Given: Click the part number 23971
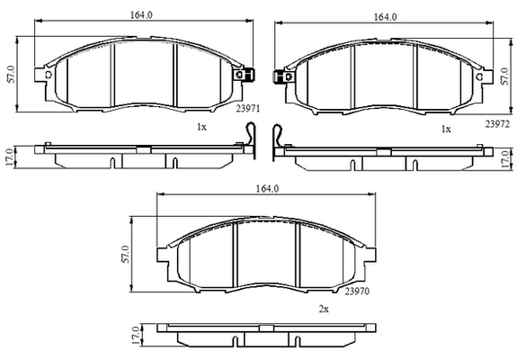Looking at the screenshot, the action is point(248,109).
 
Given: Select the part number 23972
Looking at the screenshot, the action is point(497,124).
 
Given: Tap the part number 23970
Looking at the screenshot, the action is point(357,292).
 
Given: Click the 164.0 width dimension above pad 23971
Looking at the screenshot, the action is point(141,15).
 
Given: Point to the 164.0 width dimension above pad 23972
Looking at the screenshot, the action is point(385,17).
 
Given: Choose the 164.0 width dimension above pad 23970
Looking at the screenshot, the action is point(267,189).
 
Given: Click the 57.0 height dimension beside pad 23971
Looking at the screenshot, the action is point(11,74).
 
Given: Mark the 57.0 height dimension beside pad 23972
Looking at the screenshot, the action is point(504,76).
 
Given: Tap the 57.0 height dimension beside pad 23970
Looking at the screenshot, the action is point(125,254).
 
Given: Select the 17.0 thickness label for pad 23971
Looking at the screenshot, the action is point(9,157).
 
